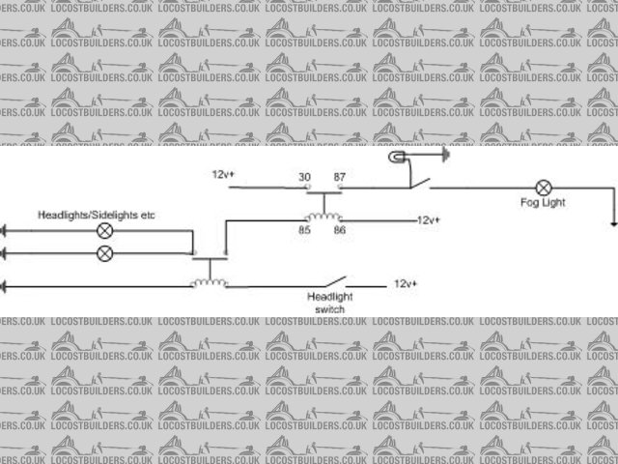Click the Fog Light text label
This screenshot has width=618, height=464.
click(542, 203)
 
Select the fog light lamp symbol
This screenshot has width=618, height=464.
click(545, 187)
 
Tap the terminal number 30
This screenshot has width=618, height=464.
click(305, 176)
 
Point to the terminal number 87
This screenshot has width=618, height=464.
click(340, 176)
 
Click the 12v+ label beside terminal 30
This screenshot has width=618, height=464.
click(223, 175)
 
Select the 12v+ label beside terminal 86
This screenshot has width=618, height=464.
click(429, 220)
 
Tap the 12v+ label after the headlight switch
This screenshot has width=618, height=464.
click(406, 284)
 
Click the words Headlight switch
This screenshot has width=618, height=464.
click(329, 303)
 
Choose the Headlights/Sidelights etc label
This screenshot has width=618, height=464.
click(97, 214)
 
